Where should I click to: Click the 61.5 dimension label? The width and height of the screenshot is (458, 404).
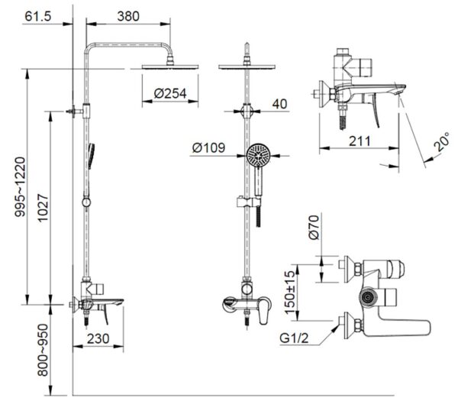(x=38, y=16)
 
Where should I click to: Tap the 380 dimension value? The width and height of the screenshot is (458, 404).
(x=128, y=16)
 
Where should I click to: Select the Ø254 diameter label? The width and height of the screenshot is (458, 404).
(x=170, y=93)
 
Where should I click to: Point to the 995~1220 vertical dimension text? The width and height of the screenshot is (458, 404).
(x=21, y=187)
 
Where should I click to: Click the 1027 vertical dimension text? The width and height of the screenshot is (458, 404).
(x=44, y=208)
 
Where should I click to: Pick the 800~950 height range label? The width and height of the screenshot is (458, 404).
(x=43, y=350)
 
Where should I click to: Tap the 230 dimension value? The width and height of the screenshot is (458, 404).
(x=98, y=338)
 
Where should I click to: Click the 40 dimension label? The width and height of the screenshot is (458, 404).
(x=279, y=104)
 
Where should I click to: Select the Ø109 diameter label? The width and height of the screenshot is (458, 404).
(x=208, y=148)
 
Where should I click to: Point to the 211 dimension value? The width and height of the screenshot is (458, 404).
(x=360, y=141)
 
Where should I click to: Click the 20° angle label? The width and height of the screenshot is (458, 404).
(x=442, y=142)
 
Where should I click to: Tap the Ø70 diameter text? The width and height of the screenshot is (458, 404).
(x=314, y=228)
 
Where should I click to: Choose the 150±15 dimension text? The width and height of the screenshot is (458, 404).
(x=290, y=292)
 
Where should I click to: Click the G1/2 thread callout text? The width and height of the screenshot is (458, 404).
(x=294, y=338)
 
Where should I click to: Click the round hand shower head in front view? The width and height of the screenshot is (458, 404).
(x=259, y=155)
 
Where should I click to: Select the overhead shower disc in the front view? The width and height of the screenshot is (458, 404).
(x=247, y=66)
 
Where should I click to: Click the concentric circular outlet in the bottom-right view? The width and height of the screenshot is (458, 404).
(x=368, y=297)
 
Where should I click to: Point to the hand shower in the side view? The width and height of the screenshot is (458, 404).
(x=91, y=156)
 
